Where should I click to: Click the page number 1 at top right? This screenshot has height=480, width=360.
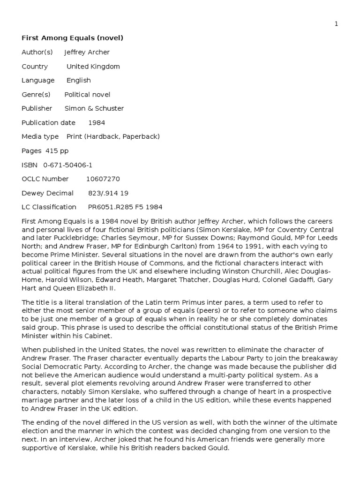336,24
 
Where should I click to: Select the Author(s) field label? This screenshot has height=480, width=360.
37,52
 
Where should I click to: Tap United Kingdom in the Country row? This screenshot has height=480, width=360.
93,66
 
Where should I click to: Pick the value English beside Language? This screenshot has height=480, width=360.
78,80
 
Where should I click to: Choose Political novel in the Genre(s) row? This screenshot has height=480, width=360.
87,94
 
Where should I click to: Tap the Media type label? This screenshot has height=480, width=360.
40,136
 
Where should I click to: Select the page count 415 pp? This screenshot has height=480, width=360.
57,150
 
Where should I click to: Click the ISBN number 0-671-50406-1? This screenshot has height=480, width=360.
67,165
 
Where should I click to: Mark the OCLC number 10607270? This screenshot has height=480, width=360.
103,179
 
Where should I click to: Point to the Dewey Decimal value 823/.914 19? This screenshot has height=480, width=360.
108,193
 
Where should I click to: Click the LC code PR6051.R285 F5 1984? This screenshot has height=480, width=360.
125,207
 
